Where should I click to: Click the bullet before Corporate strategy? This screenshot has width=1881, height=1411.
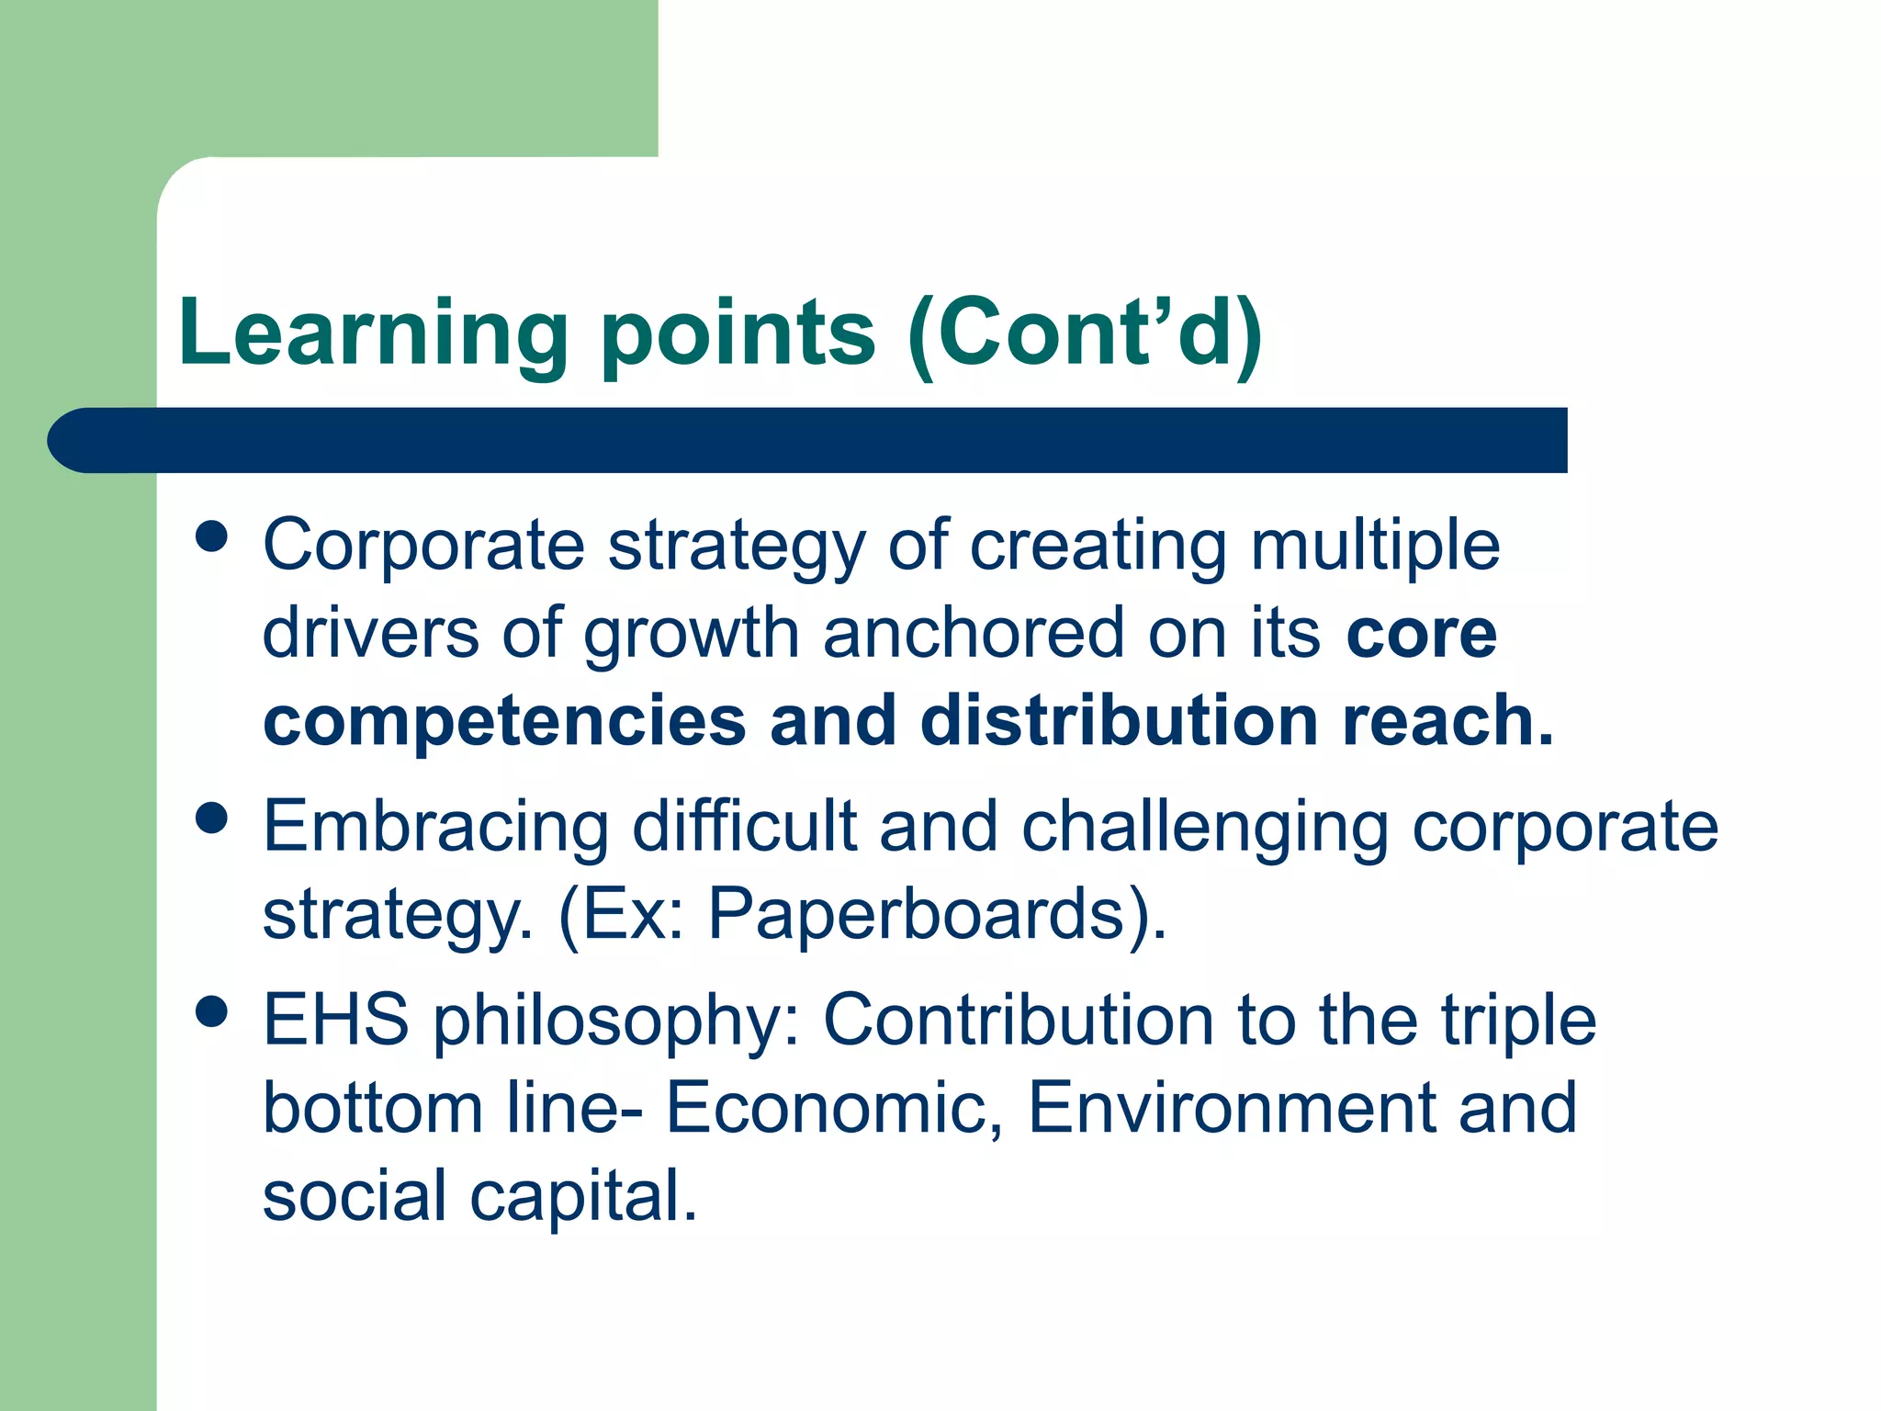[x=212, y=537]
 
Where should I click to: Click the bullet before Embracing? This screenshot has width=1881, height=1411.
[x=212, y=818]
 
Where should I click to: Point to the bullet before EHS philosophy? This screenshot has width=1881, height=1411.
[x=212, y=1012]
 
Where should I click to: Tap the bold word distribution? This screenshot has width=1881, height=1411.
[x=1119, y=721]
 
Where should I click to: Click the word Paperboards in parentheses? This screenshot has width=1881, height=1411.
[x=917, y=914]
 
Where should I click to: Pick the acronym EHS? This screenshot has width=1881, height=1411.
[x=335, y=1020]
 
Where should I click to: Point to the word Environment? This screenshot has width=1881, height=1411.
[x=1230, y=1108]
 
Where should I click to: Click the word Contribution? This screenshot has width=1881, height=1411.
[x=1019, y=1020]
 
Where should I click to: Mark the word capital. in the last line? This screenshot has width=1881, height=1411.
[x=583, y=1197]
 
